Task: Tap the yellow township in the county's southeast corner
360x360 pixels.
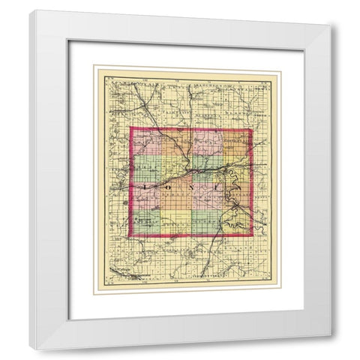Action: tap(235, 222)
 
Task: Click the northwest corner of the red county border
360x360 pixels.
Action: tap(130, 128)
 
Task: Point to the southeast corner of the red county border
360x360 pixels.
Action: tap(252, 238)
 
